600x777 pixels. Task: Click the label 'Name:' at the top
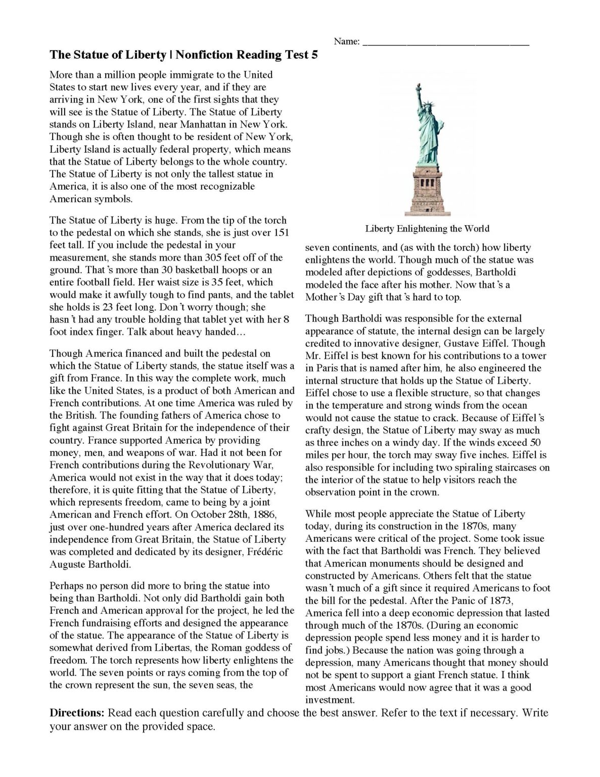coord(346,42)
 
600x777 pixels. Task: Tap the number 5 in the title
coord(314,56)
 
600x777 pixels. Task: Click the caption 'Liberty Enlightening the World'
coord(427,228)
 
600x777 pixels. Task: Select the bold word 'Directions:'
coord(77,713)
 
